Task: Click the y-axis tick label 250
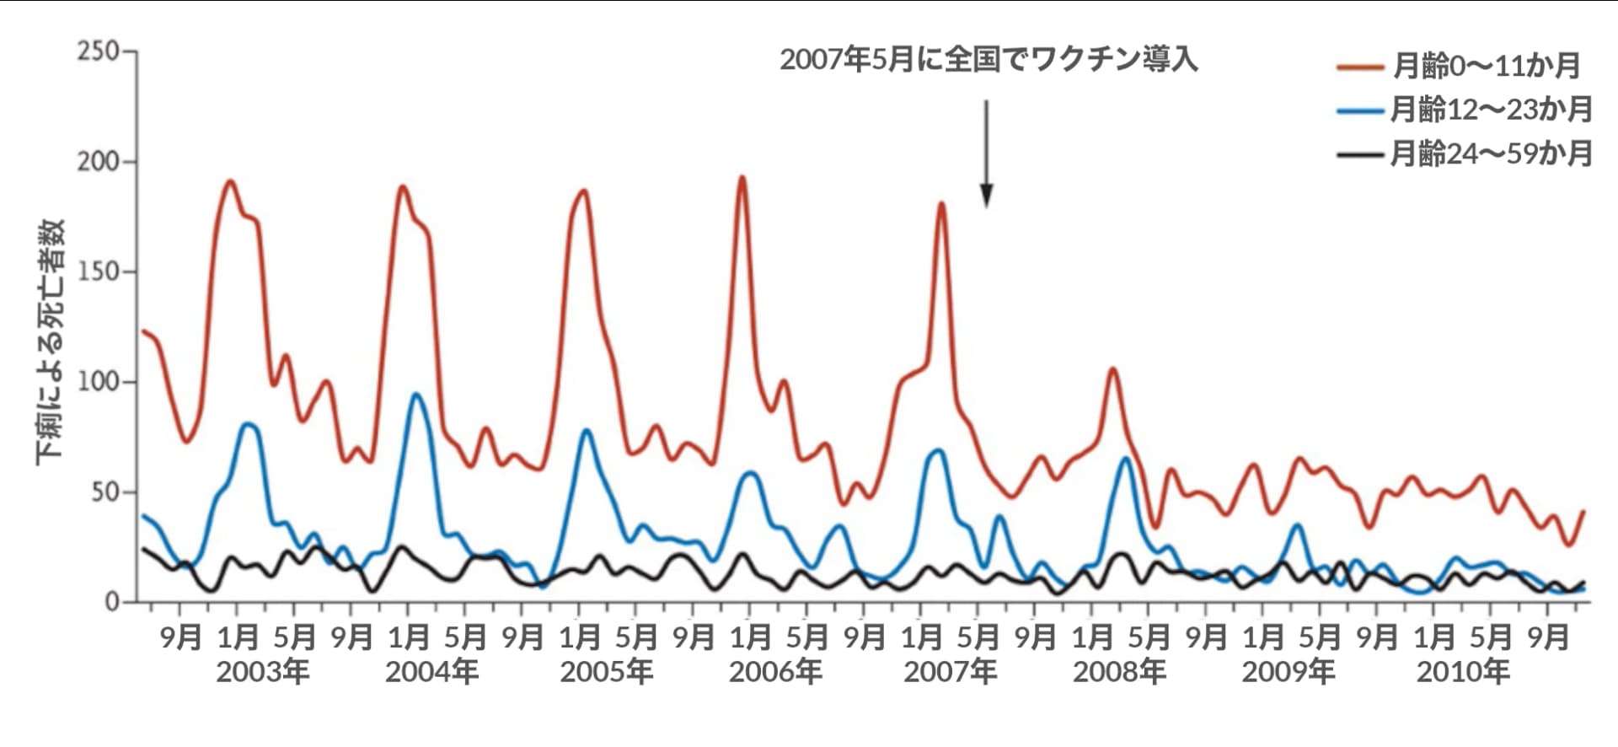98,51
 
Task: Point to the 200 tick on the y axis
98,161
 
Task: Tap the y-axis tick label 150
98,271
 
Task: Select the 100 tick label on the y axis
98,381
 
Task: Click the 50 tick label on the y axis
104,492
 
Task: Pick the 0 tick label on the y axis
112,602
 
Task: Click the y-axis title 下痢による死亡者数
50,341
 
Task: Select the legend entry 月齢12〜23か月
1491,109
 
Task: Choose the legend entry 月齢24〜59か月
1491,153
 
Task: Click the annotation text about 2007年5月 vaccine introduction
988,60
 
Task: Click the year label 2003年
263,672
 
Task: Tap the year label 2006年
775,672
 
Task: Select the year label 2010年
1463,672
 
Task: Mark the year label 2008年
1119,672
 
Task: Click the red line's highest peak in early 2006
742,177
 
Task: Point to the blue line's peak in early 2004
416,395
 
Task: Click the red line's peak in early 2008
1112,368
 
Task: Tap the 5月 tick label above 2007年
978,637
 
